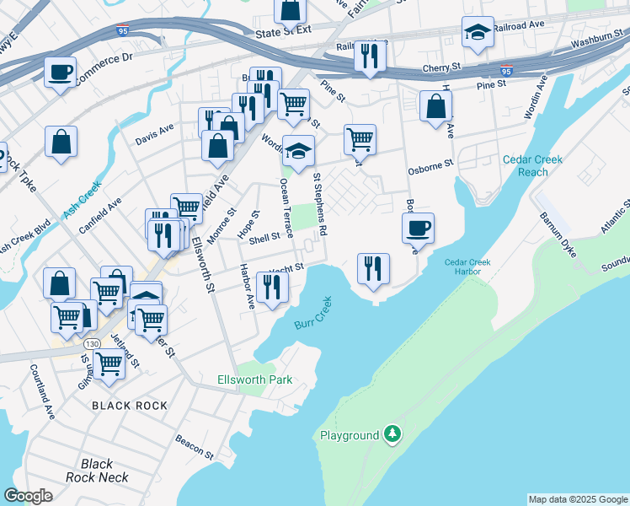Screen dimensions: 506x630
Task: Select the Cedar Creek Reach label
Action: point(525,165)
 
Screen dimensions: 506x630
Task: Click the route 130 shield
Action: point(93,344)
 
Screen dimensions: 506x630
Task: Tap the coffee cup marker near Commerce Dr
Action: point(60,73)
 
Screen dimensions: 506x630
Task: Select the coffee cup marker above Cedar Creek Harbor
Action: point(418,227)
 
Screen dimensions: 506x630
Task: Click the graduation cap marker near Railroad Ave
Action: point(478,33)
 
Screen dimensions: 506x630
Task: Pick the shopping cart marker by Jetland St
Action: point(109,364)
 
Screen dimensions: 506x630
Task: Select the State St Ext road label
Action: point(283,31)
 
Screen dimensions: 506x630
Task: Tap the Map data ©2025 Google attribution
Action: point(578,499)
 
